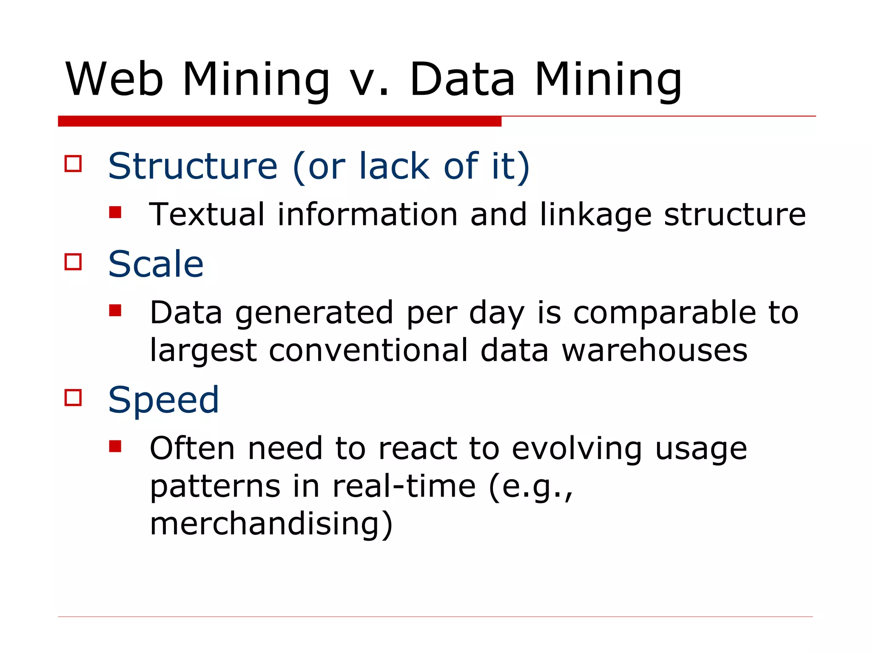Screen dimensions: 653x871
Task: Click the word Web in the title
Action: tap(114, 79)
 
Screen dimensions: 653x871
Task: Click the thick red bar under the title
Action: tap(279, 121)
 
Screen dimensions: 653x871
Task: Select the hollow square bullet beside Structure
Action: tap(73, 164)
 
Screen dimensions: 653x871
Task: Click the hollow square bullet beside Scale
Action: tap(73, 262)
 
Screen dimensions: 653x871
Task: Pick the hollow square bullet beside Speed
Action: tap(73, 398)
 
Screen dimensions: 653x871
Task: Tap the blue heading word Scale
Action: tap(156, 264)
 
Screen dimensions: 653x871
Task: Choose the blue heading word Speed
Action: tap(163, 400)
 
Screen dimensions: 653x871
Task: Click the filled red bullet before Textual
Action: tap(115, 212)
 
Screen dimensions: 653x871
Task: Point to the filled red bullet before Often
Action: tap(115, 446)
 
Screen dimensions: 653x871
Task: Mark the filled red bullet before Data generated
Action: tap(115, 310)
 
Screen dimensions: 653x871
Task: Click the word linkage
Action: tap(595, 215)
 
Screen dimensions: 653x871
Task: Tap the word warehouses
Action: tap(655, 350)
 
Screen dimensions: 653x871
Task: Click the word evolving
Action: tap(577, 449)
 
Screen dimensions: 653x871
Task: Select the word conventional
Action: tap(368, 350)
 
